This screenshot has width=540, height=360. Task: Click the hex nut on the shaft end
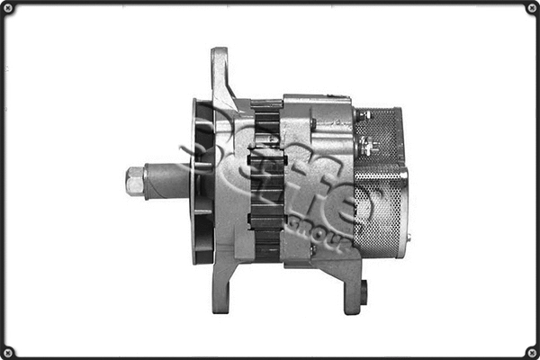tap(135, 181)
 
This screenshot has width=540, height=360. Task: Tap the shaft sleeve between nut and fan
tap(166, 180)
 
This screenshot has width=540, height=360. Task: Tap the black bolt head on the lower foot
tap(364, 292)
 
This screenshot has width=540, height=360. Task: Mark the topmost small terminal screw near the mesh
tap(364, 115)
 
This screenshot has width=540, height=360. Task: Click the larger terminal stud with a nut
tap(364, 144)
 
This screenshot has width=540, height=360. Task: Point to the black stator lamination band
tap(266, 180)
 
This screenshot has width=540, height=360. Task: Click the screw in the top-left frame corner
tap(9, 9)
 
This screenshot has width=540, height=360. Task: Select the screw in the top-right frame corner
tap(531, 9)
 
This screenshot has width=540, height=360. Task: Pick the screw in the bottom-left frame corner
tap(9, 351)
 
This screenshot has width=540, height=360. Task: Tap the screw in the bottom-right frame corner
tap(531, 351)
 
